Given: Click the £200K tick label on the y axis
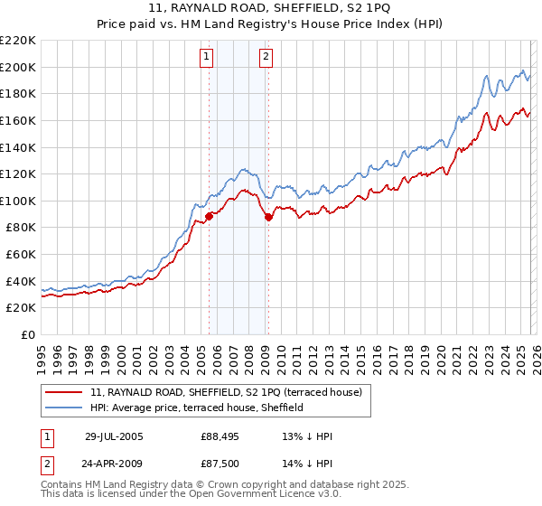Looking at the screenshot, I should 18,67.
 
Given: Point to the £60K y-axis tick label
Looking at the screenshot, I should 21,255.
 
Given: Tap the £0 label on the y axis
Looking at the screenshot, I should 28,335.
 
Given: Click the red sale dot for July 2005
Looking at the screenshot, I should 209,216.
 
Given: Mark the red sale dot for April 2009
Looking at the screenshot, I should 268,217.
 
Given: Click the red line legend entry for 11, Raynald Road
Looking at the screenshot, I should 226,392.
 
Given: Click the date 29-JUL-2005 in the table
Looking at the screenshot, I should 113,436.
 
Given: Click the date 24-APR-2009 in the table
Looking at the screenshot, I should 113,464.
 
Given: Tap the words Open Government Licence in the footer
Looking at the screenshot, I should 266,494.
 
